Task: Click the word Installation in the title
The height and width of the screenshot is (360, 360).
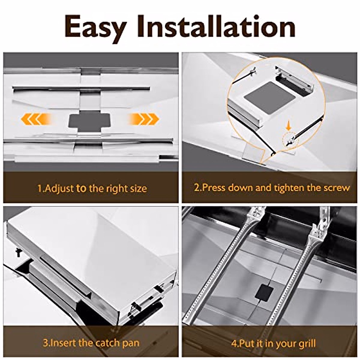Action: pos(216,27)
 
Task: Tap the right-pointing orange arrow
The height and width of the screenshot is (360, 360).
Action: pos(144,119)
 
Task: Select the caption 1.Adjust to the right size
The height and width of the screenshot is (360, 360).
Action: pos(92,189)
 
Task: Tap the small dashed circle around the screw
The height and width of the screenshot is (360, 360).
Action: pos(290,140)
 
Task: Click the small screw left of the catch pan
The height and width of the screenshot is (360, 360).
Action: pos(18,252)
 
